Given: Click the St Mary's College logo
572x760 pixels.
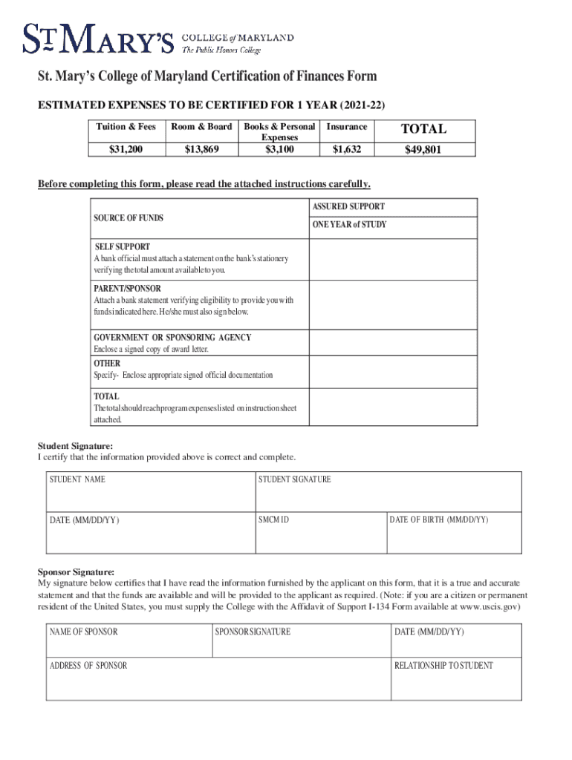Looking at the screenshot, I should (157, 39).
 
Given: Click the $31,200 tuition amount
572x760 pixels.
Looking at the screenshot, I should (126, 150).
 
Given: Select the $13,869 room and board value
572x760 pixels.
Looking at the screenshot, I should (201, 150).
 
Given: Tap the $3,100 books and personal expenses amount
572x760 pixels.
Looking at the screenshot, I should (279, 150).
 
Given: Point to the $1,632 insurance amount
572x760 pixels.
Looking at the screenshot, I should (347, 150).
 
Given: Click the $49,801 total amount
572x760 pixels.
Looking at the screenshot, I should (424, 150).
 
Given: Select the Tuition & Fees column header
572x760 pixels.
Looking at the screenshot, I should (126, 127).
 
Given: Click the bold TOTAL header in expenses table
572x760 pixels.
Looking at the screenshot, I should (424, 129).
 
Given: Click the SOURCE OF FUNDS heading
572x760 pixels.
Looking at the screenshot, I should (129, 218).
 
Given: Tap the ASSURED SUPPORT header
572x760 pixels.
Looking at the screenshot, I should (348, 207).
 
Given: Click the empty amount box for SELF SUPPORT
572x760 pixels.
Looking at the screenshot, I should (392, 258).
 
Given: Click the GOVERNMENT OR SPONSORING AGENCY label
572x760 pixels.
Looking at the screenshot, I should (172, 338).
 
